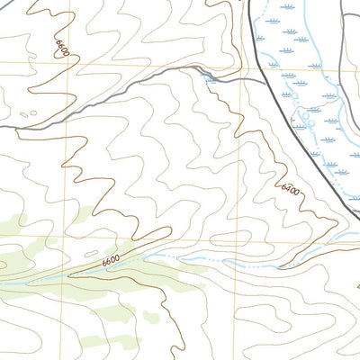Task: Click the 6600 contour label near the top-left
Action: click(62, 48)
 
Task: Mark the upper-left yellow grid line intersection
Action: click(64, 63)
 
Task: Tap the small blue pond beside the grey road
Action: click(211, 79)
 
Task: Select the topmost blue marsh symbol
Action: click(287, 6)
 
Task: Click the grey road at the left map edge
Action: click(3, 128)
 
